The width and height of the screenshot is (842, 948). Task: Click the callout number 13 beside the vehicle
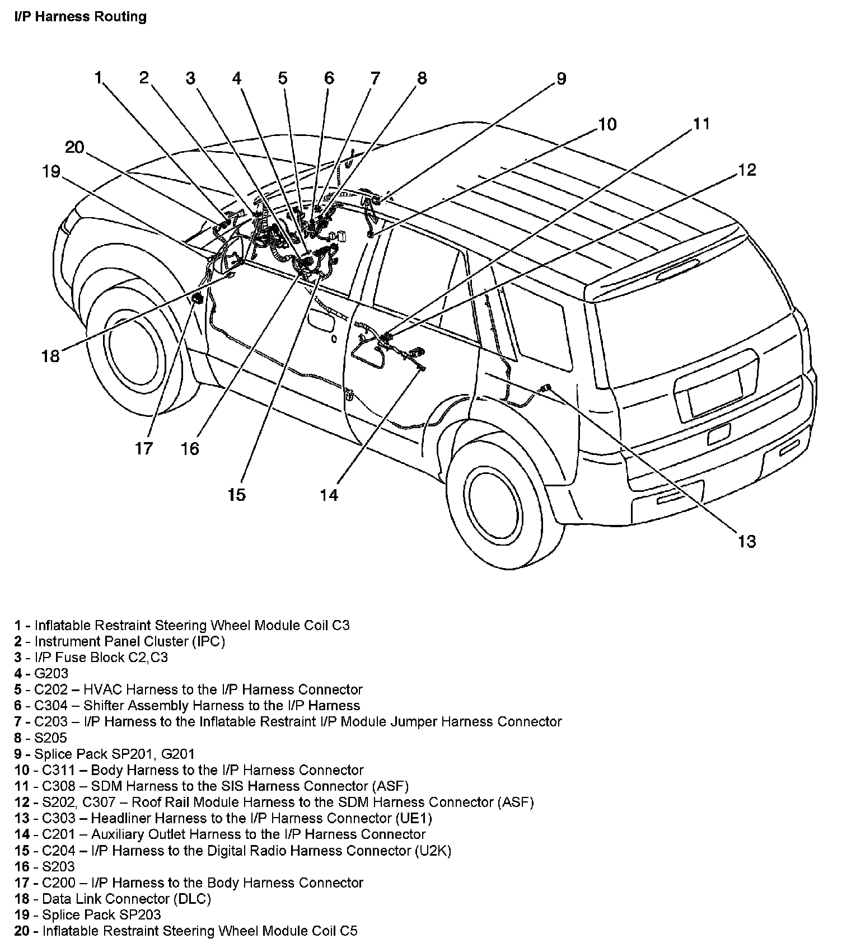747,541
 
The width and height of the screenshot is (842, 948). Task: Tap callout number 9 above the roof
561,79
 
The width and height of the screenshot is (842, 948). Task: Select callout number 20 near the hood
74,148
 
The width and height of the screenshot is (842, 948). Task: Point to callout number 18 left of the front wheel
50,355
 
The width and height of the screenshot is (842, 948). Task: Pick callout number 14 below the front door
329,495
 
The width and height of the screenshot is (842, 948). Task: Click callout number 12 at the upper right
747,170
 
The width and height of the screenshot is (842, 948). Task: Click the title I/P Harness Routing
81,17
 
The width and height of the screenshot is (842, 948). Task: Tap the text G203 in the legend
52,673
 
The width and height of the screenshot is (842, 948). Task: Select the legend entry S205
50,738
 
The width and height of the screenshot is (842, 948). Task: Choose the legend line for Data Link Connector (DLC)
123,899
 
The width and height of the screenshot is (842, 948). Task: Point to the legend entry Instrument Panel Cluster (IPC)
129,641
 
